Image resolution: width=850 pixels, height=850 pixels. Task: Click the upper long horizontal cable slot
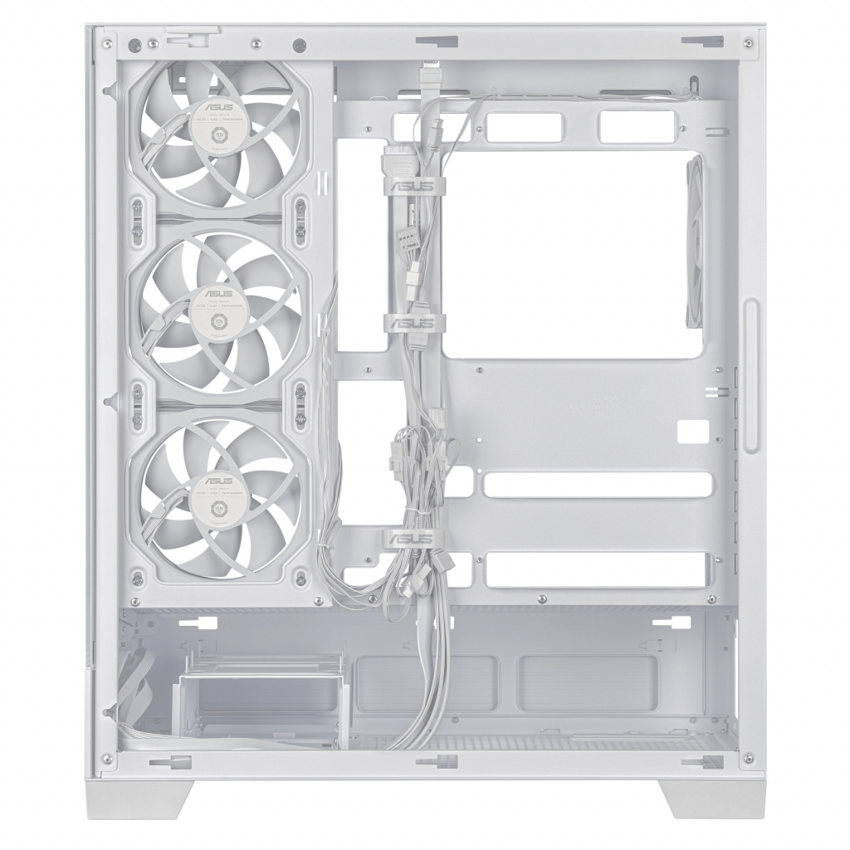598,485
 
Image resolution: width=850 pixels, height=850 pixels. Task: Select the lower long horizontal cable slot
598,569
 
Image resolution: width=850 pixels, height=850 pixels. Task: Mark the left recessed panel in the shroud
425,683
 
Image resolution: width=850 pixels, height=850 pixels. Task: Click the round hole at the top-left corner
300,44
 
